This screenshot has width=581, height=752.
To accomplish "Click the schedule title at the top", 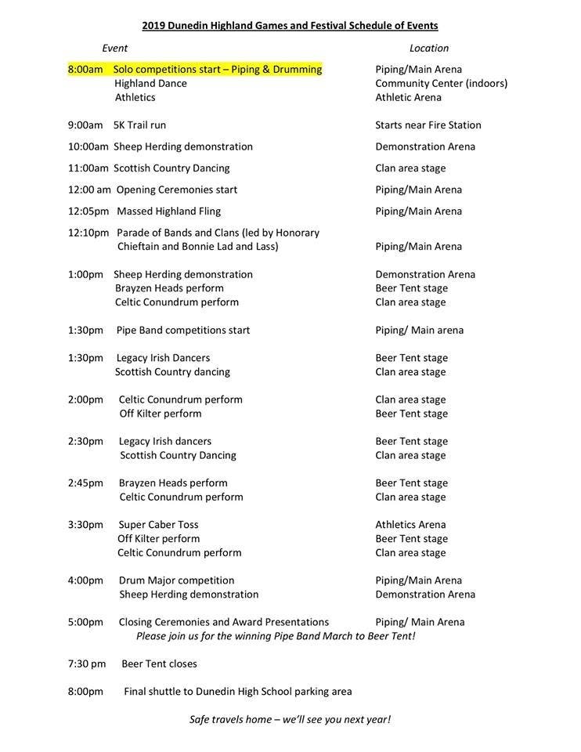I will point(290,26).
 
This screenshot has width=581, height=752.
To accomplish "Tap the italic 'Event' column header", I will point(115,49).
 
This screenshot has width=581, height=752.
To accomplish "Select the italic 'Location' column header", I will point(429,49).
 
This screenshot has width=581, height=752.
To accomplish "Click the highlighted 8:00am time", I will point(85,70).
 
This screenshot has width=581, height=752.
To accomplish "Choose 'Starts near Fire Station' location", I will point(428,125).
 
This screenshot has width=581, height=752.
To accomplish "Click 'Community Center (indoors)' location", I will point(442,84).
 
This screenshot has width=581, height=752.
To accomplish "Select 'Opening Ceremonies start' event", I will point(177,190).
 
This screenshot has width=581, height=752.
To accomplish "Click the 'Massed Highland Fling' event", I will point(168,211).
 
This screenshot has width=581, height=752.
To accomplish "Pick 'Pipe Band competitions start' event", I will point(183,331).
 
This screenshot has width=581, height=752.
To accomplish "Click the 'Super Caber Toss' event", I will point(158,525).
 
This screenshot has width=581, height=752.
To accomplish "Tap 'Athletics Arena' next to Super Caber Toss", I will point(410,525).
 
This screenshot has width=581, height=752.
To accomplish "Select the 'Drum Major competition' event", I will point(176,580).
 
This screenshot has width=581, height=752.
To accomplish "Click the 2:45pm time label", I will point(85,483).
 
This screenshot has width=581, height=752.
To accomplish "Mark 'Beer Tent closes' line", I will point(159,664).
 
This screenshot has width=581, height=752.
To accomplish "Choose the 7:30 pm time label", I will point(87,664).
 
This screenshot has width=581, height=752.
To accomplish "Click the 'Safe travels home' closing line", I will point(290,720).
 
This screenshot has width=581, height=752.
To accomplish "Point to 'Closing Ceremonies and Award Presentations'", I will point(223,623).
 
